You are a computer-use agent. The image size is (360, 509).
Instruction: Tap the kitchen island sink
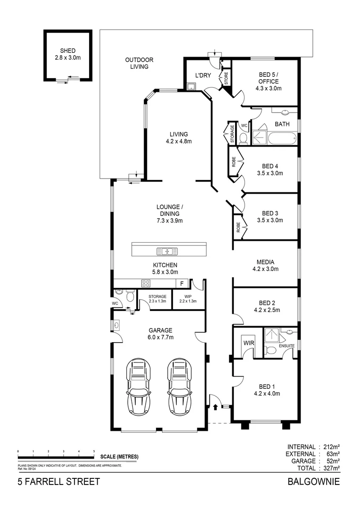tap(167, 251)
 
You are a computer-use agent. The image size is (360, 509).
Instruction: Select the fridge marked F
tap(182, 284)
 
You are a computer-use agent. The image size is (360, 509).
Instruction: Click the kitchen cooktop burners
tap(146, 283)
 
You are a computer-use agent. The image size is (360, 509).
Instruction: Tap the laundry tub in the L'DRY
tap(191, 86)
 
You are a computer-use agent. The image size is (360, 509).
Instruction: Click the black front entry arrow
tap(215, 406)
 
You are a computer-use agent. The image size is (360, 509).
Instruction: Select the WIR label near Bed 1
tap(249, 343)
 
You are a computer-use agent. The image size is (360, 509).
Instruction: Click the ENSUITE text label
tap(286, 346)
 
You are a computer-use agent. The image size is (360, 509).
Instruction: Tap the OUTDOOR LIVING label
tap(139, 63)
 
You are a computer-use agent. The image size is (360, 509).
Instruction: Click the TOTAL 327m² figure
tap(319, 468)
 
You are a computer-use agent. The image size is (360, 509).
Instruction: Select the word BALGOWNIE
tap(314, 481)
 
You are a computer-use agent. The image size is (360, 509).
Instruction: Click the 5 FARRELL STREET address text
tap(59, 481)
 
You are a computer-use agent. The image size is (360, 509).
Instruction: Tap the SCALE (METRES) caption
tap(119, 457)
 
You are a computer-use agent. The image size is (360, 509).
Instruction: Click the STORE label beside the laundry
tap(226, 79)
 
